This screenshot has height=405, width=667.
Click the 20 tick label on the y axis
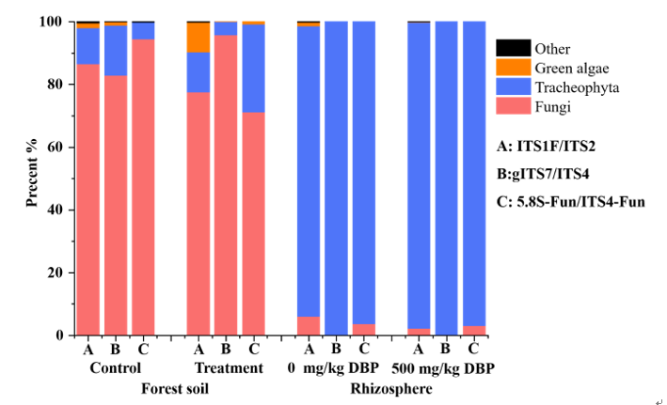tap(56, 273)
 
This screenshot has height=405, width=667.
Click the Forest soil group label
tap(175, 388)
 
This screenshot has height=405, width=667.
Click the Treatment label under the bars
tap(229, 368)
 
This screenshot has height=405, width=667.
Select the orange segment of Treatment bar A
tap(199, 38)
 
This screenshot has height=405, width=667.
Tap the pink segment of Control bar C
tap(143, 188)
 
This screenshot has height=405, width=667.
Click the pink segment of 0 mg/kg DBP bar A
tap(309, 326)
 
